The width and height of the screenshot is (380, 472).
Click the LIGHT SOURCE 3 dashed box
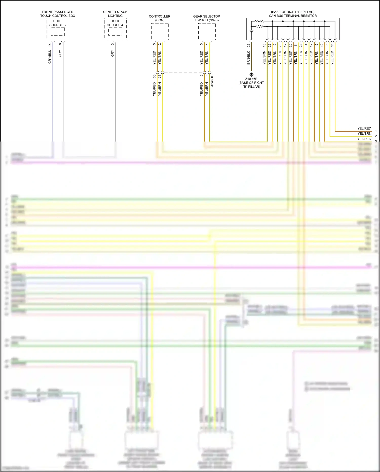58,31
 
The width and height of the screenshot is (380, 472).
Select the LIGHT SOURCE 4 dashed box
115,31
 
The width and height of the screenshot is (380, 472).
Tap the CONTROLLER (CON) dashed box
160,32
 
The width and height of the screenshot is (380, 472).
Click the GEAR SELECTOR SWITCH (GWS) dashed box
207,32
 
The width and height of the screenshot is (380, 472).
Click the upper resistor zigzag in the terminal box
259,21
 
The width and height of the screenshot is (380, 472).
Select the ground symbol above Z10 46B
251,74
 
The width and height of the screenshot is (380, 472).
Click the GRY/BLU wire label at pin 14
50,57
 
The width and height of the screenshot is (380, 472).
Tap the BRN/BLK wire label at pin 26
249,58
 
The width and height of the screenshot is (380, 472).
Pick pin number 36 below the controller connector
154,76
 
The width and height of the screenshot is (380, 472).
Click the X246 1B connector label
212,81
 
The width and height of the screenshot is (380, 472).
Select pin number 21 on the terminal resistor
332,45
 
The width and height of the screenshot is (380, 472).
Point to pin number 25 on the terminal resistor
290,45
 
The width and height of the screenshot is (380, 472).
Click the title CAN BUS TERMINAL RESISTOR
293,16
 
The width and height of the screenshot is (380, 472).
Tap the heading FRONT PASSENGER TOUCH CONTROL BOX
58,14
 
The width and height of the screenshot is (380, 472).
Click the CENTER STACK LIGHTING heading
115,14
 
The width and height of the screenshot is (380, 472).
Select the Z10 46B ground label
251,79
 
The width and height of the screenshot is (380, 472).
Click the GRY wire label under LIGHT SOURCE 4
112,54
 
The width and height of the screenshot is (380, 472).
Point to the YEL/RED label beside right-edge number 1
364,128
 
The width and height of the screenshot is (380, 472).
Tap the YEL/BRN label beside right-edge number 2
364,133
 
